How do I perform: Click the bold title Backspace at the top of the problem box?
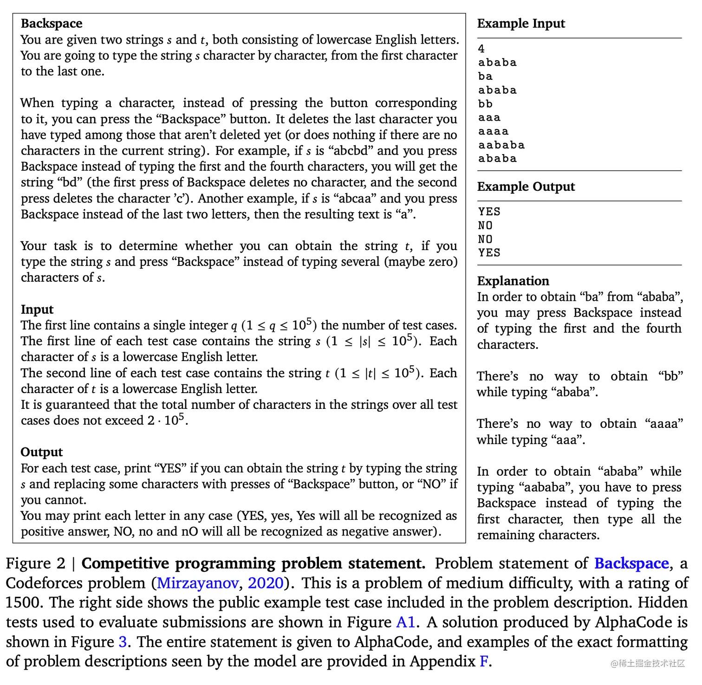point(52,24)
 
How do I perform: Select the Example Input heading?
point(521,24)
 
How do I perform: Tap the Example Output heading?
point(526,187)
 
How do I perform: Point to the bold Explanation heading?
point(513,281)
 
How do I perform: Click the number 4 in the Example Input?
point(481,49)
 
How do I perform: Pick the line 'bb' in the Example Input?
point(486,104)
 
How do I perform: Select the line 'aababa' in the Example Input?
point(502,145)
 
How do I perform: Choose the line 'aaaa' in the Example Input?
point(494,131)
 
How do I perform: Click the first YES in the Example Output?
point(489,212)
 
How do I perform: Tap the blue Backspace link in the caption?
point(631,563)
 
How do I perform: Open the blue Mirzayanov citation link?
point(197,583)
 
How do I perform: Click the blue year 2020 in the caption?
point(265,583)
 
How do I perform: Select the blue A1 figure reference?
point(405,622)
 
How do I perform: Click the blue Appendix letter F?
point(484,661)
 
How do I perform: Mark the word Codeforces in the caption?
point(76,583)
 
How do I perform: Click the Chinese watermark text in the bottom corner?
point(648,663)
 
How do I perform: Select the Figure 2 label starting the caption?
point(35,563)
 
